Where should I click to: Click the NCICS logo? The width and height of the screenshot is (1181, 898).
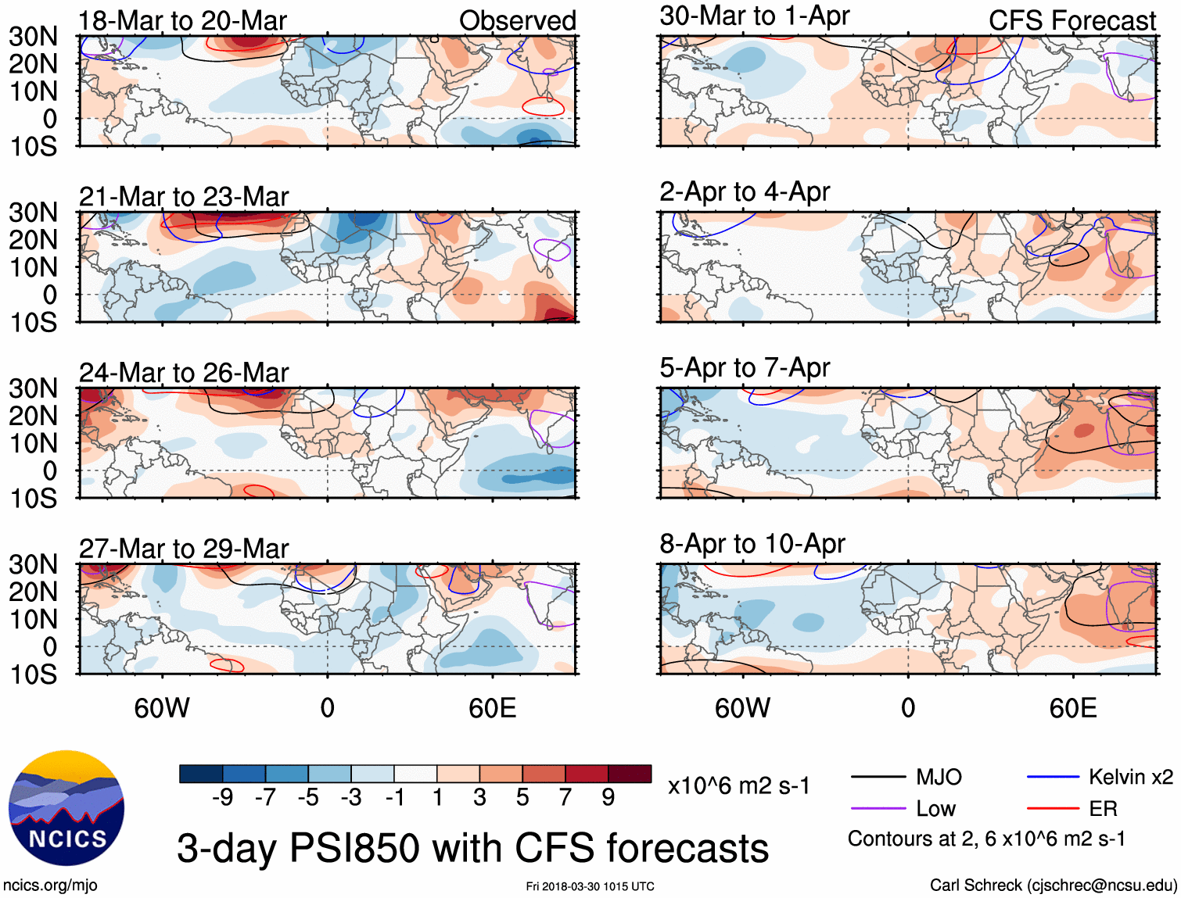[66, 808]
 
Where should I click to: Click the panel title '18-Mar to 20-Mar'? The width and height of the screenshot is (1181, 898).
[182, 21]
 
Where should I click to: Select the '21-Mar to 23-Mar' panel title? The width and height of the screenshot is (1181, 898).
[184, 197]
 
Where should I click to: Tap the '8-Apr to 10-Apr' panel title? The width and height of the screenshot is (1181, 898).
[752, 543]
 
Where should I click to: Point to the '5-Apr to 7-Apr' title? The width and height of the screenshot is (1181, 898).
[744, 367]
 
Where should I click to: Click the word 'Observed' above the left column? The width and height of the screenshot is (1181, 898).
[517, 21]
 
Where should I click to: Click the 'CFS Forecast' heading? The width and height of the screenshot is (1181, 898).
[1072, 21]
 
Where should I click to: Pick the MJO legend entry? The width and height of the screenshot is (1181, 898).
[938, 777]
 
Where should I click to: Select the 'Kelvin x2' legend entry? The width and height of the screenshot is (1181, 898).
[1130, 777]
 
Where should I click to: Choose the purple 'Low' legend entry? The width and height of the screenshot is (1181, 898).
[935, 809]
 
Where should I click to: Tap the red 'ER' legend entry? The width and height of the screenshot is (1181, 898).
[1103, 809]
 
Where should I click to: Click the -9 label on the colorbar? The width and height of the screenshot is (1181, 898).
[222, 797]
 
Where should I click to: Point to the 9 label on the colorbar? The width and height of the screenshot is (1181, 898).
[608, 797]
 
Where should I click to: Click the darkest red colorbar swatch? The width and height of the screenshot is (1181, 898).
[630, 774]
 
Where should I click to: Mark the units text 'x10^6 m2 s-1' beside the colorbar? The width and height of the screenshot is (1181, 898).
[738, 785]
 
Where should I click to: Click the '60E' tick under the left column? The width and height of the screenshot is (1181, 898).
[492, 708]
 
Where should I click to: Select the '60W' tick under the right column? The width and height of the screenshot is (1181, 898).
[742, 708]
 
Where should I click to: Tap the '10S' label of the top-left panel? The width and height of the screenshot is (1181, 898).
[34, 146]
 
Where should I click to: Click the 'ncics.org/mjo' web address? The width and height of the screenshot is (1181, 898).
[50, 885]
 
